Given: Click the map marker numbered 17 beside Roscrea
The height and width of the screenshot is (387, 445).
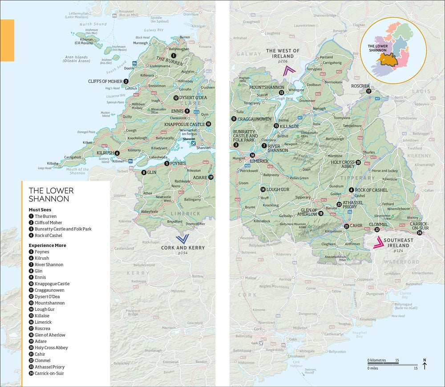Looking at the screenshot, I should (x=368, y=91).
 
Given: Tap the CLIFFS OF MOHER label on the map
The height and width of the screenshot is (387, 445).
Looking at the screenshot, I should (x=105, y=81).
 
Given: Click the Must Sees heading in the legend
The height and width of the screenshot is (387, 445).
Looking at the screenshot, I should (x=40, y=209).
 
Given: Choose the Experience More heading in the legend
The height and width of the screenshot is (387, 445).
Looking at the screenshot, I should (x=48, y=245).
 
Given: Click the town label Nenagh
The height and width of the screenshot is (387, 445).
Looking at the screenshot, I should (x=319, y=109).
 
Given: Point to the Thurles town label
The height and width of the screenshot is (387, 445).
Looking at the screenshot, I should (x=368, y=152).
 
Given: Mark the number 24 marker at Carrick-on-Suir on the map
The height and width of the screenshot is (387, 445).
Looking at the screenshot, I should (x=420, y=233).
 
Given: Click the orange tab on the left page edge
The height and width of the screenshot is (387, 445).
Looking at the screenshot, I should (x=7, y=40).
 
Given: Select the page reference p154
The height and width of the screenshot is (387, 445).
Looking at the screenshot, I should (x=183, y=253).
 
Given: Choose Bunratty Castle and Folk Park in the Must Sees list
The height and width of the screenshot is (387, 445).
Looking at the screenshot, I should (x=63, y=229).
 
